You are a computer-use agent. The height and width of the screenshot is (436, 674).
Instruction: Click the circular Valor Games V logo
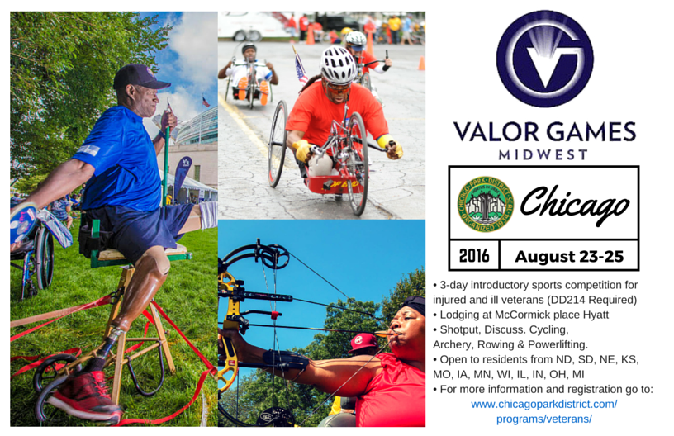pyautogui.click(x=544, y=59)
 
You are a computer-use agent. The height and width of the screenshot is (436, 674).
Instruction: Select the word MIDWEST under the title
pyautogui.click(x=543, y=154)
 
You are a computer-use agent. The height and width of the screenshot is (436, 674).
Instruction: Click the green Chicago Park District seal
pyautogui.click(x=486, y=204)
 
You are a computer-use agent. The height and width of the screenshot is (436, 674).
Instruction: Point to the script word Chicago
pyautogui.click(x=575, y=205)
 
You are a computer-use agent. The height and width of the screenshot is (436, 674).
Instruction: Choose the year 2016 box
pyautogui.click(x=474, y=256)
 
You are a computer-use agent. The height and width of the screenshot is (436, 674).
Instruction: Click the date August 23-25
pyautogui.click(x=569, y=257)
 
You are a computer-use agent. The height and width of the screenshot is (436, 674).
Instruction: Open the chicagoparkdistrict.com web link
pyautogui.click(x=544, y=411)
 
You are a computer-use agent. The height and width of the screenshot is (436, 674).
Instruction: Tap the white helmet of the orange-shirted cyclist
pyautogui.click(x=338, y=64)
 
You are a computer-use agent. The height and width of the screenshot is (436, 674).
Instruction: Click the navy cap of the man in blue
pyautogui.click(x=140, y=77)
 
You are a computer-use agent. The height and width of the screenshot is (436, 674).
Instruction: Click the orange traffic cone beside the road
pyautogui.click(x=422, y=63)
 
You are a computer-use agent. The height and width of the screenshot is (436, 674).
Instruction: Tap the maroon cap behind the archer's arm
pyautogui.click(x=363, y=343)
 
